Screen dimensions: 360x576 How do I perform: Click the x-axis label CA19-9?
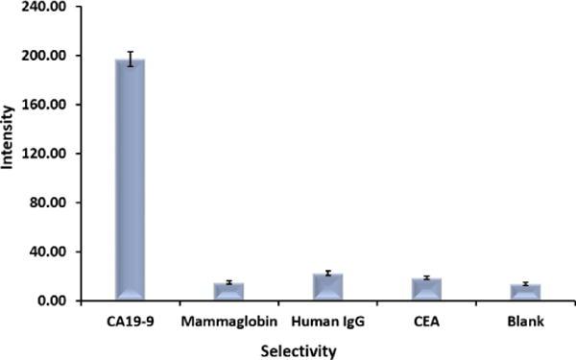pos(130,320)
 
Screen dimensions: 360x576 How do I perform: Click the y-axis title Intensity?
pos(9,154)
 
